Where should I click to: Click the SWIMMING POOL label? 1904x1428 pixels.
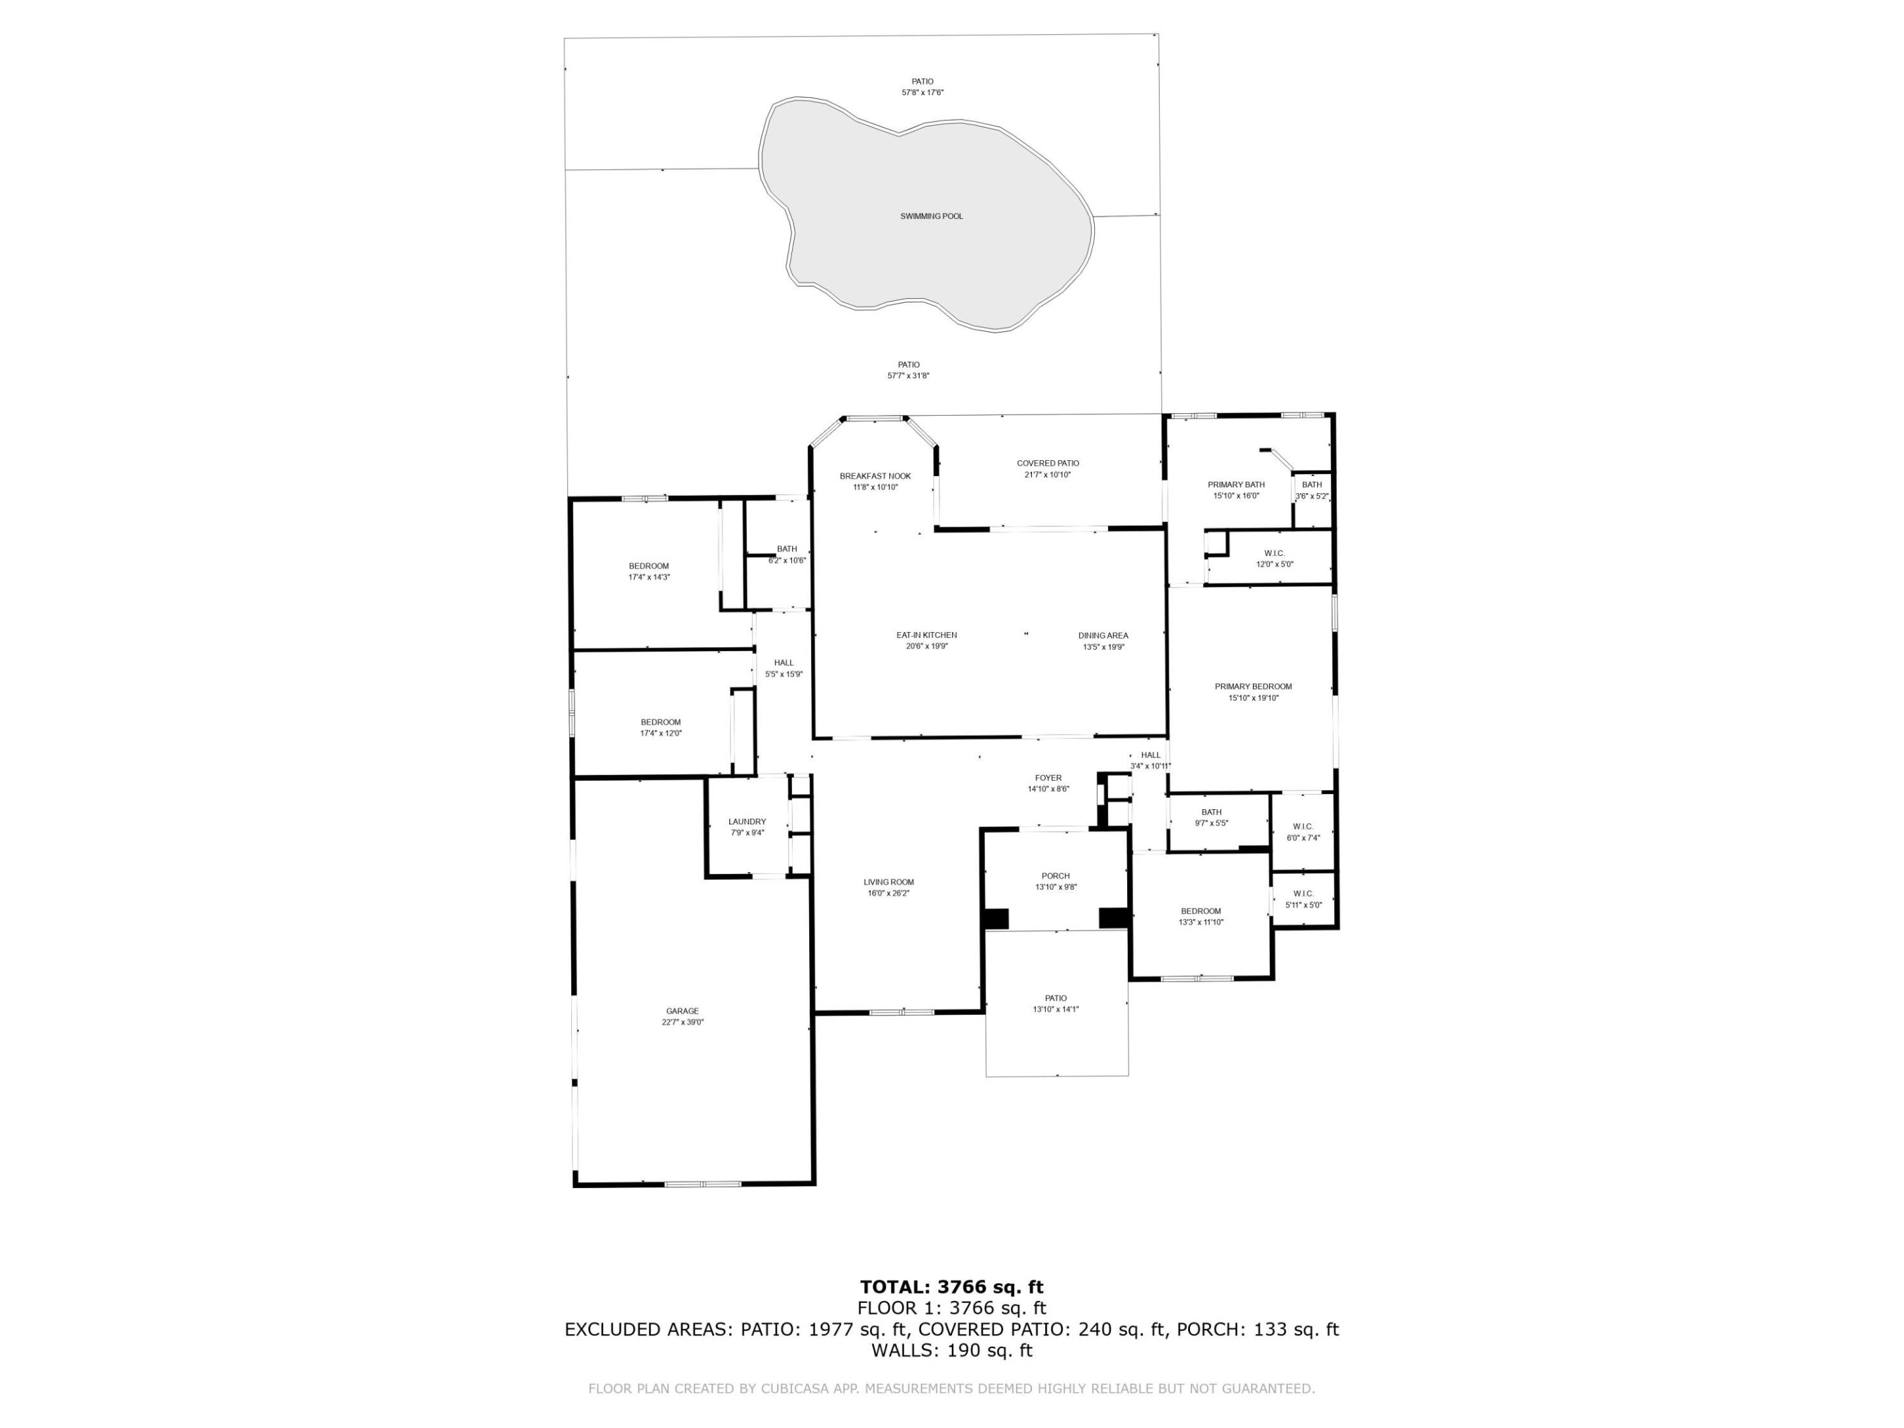point(932,216)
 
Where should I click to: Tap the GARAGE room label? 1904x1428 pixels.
point(682,1011)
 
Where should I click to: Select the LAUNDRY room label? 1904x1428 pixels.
point(746,822)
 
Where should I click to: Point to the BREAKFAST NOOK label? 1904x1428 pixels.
point(875,476)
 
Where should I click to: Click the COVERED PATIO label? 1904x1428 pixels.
point(1048,463)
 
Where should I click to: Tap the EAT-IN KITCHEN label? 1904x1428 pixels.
point(926,635)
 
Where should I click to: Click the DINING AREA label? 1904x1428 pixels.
point(1103,636)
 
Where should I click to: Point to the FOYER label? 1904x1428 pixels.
point(1048,778)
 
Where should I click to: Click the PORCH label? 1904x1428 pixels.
point(1055,876)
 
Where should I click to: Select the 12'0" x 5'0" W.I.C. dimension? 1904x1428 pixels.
point(1274,565)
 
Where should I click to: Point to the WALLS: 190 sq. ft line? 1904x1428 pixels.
point(951,1351)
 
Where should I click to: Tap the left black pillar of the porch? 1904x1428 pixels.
point(996,918)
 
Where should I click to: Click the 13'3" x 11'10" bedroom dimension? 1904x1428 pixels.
point(1200,922)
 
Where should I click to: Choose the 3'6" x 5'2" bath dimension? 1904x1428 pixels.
point(1311,496)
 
